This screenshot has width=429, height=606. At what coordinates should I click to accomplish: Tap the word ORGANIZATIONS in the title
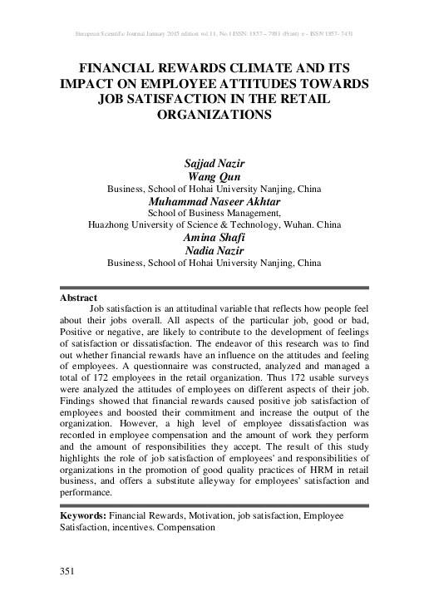(x=214, y=116)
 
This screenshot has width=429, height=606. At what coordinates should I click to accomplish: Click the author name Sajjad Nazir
(x=214, y=165)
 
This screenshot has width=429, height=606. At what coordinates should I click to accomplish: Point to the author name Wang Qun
(x=214, y=176)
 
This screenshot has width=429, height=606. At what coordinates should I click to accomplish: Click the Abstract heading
(x=79, y=297)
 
